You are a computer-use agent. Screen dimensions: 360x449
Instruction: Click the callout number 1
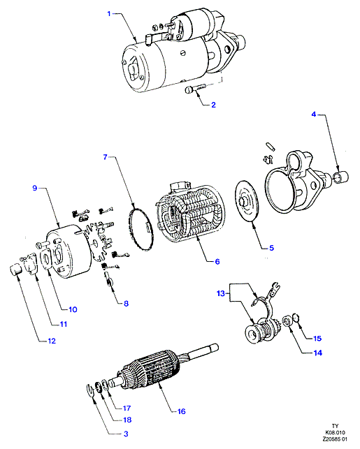[x=109, y=13]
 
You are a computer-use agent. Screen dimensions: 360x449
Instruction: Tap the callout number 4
[x=314, y=115]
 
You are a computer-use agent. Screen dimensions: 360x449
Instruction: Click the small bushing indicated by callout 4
[x=341, y=176]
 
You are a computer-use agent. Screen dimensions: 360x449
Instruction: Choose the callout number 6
[x=217, y=261]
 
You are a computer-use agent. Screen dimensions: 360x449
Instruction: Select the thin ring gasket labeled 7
[x=141, y=230]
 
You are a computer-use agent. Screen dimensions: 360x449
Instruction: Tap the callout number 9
[x=35, y=188]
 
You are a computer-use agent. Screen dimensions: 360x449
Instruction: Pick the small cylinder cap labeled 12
[x=16, y=270]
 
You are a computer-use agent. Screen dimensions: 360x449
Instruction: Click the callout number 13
[x=221, y=293]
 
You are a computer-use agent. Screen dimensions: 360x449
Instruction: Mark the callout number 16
[x=182, y=411]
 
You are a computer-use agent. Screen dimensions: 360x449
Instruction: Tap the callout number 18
[x=127, y=420]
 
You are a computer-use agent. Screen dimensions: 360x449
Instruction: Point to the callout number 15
[x=317, y=339]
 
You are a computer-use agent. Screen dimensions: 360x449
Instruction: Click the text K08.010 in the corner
[x=335, y=432]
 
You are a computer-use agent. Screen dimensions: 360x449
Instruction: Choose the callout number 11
[x=64, y=324]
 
